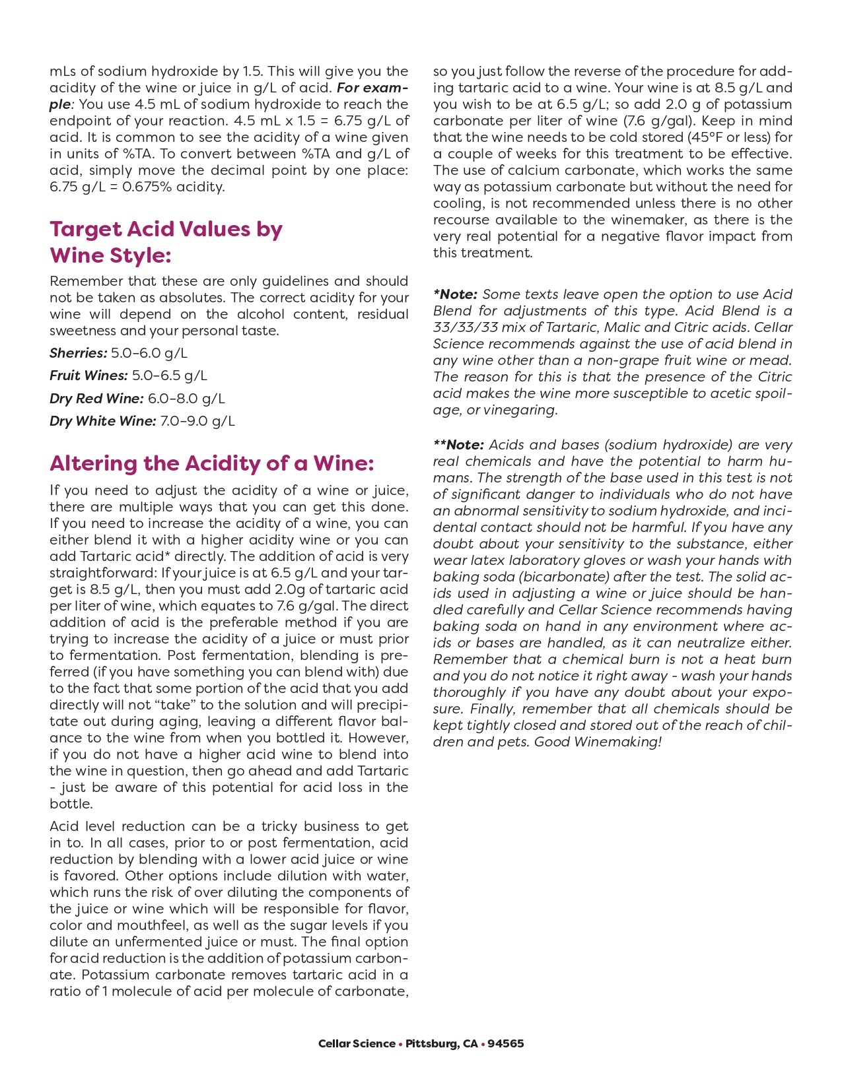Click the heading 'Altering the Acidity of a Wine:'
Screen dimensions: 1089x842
[211, 463]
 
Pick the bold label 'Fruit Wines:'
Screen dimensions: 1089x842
[88, 376]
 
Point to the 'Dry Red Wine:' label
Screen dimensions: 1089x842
[96, 399]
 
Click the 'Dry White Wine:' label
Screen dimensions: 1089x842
[102, 421]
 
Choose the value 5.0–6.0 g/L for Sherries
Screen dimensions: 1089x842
[149, 353]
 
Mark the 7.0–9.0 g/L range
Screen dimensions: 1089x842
[197, 421]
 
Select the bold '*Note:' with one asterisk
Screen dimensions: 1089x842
[456, 294]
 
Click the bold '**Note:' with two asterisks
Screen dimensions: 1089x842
[459, 445]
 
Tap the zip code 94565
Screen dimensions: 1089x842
[506, 1043]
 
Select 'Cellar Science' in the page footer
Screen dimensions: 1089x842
[357, 1043]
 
